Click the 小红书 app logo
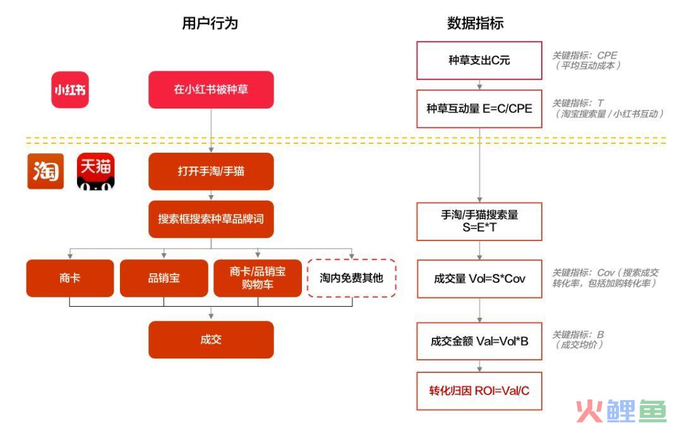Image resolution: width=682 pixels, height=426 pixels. (70, 90)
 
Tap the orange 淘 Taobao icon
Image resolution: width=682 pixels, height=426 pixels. (45, 171)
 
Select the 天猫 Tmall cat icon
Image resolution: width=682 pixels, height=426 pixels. (96, 171)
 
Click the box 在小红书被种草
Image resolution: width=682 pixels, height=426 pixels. (211, 90)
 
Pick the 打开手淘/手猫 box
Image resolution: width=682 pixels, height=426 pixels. (211, 171)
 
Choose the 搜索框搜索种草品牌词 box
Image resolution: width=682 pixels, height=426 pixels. (211, 219)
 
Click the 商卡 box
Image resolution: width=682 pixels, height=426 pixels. (70, 278)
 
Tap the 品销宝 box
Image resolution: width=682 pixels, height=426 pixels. (164, 278)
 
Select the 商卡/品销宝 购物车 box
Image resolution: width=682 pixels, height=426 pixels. (258, 278)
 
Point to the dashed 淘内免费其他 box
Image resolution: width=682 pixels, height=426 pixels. (352, 278)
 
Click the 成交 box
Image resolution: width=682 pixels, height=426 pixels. (211, 340)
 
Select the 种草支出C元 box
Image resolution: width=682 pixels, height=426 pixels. (479, 61)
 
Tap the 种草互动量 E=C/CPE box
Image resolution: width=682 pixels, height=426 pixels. (479, 109)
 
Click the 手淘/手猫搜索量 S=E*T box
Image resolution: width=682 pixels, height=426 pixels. (479, 222)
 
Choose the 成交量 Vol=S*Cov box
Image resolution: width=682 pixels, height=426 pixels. (479, 279)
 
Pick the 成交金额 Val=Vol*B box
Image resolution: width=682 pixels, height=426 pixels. (479, 341)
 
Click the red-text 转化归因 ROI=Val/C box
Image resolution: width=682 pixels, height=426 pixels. (479, 391)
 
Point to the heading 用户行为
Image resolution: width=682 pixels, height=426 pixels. (210, 23)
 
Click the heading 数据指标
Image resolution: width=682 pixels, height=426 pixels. (476, 23)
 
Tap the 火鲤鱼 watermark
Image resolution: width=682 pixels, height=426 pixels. (621, 411)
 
